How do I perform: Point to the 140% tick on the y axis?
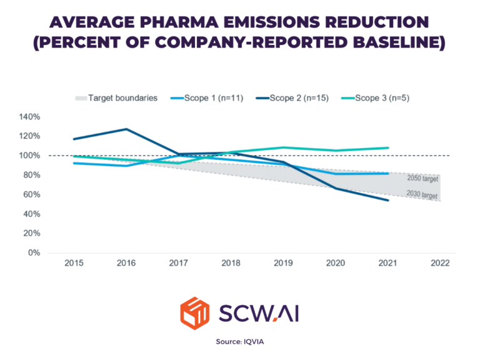coord(29,117)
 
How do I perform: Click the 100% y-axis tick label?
coord(29,156)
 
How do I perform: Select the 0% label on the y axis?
coord(34,253)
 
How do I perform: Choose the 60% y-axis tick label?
coord(31,194)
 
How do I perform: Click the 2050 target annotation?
coord(423,179)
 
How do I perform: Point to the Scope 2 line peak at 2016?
coord(127,129)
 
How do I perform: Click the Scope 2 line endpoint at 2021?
coord(388,200)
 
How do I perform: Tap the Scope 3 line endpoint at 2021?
coord(388,148)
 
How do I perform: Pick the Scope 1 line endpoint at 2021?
coord(388,173)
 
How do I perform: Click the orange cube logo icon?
coord(195,310)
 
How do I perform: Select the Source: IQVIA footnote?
coord(240,342)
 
